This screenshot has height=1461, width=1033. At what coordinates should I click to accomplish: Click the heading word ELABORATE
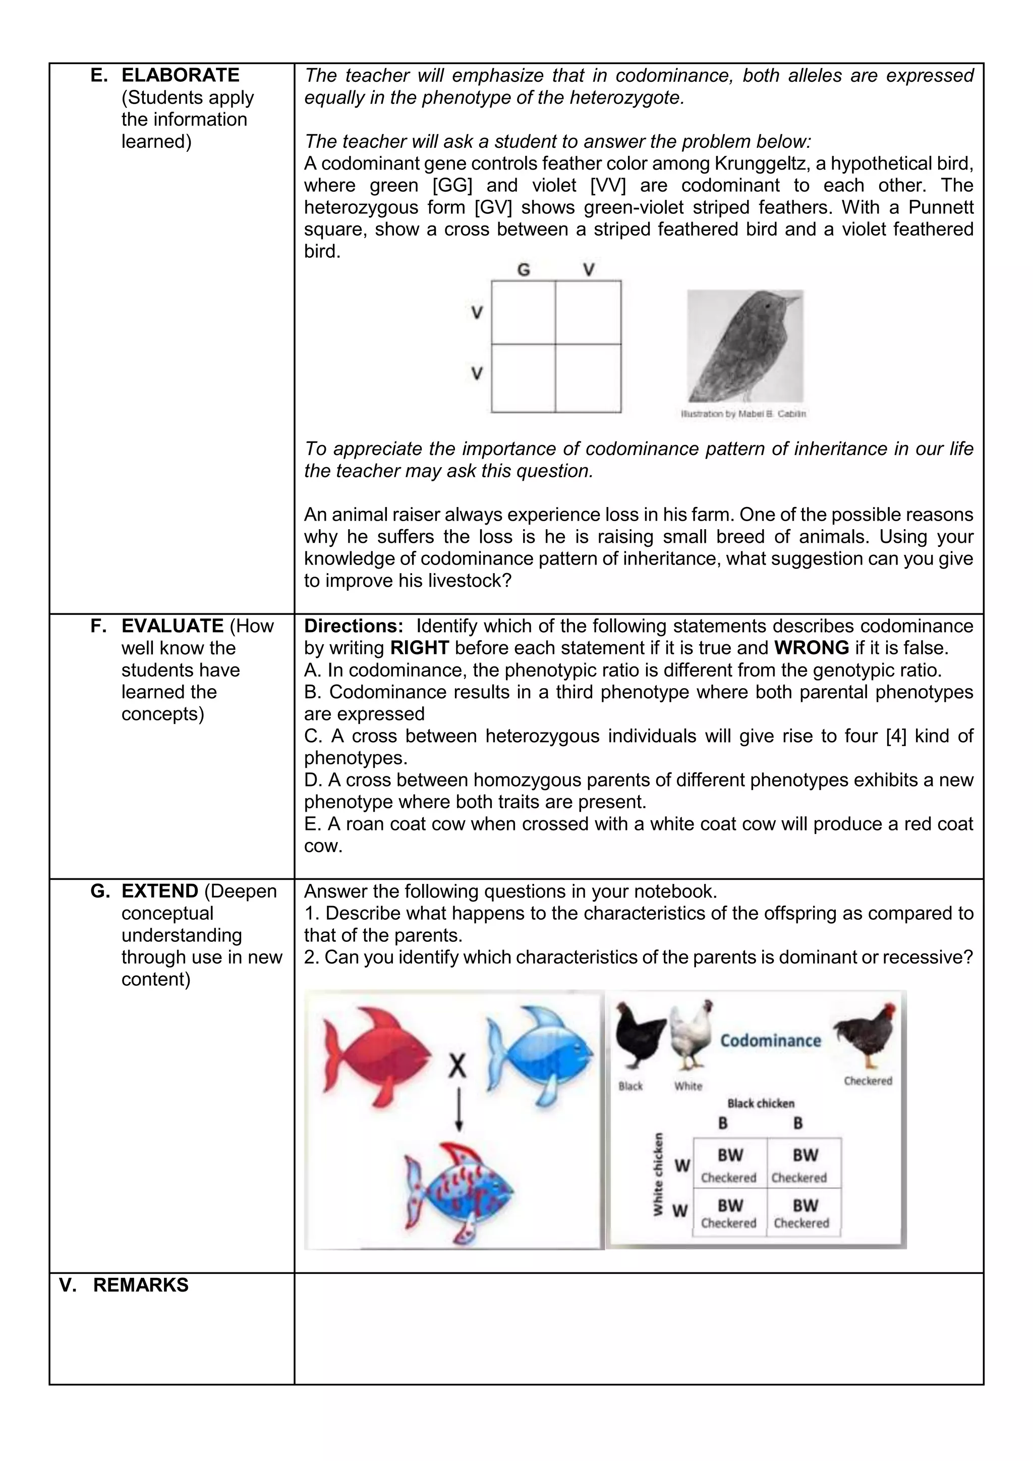pos(180,75)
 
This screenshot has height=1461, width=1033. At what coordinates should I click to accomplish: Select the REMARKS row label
pos(141,1285)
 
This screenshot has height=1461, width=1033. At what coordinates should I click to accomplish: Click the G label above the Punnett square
pos(523,270)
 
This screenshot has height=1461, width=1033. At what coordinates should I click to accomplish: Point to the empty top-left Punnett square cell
pos(523,312)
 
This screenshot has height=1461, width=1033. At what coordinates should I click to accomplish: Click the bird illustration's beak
pos(793,299)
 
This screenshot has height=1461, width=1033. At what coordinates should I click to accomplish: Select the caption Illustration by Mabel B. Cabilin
pos(743,414)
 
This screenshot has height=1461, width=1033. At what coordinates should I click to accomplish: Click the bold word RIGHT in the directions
pos(419,648)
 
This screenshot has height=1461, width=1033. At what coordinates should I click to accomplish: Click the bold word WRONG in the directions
pos(811,648)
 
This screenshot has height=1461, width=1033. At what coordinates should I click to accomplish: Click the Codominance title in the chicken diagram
pos(770,1041)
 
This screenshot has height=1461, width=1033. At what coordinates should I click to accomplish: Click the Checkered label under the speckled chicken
pos(868,1081)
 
